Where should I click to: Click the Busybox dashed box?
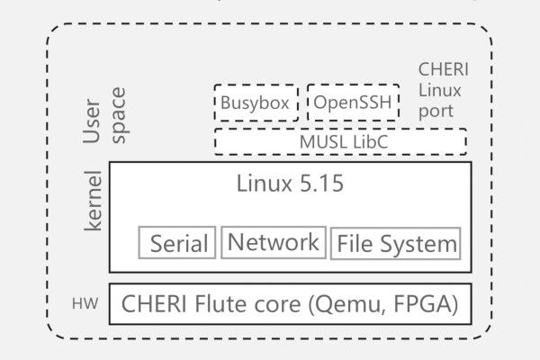pyautogui.click(x=256, y=103)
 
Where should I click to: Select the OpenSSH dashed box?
pyautogui.click(x=352, y=103)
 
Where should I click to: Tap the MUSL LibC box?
pyautogui.click(x=340, y=141)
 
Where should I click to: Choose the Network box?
pyautogui.click(x=273, y=242)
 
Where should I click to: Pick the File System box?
pyautogui.click(x=395, y=243)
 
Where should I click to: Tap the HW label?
pyautogui.click(x=85, y=305)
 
